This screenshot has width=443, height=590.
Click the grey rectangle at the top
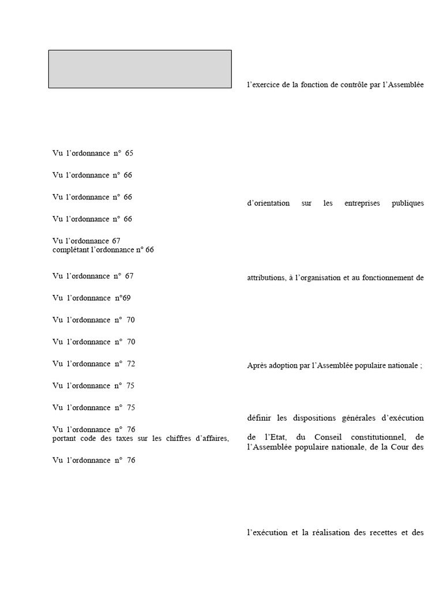pyautogui.click(x=140, y=69)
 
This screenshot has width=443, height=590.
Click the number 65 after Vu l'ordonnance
pyautogui.click(x=129, y=153)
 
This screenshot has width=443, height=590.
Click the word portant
pyautogui.click(x=63, y=439)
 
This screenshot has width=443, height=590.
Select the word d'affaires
pyautogui.click(x=209, y=439)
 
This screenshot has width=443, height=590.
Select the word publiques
pyautogui.click(x=409, y=203)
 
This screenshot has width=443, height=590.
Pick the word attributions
pyautogui.click(x=265, y=278)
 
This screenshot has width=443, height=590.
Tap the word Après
pyautogui.click(x=256, y=366)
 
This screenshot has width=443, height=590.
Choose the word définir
pyautogui.click(x=257, y=418)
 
